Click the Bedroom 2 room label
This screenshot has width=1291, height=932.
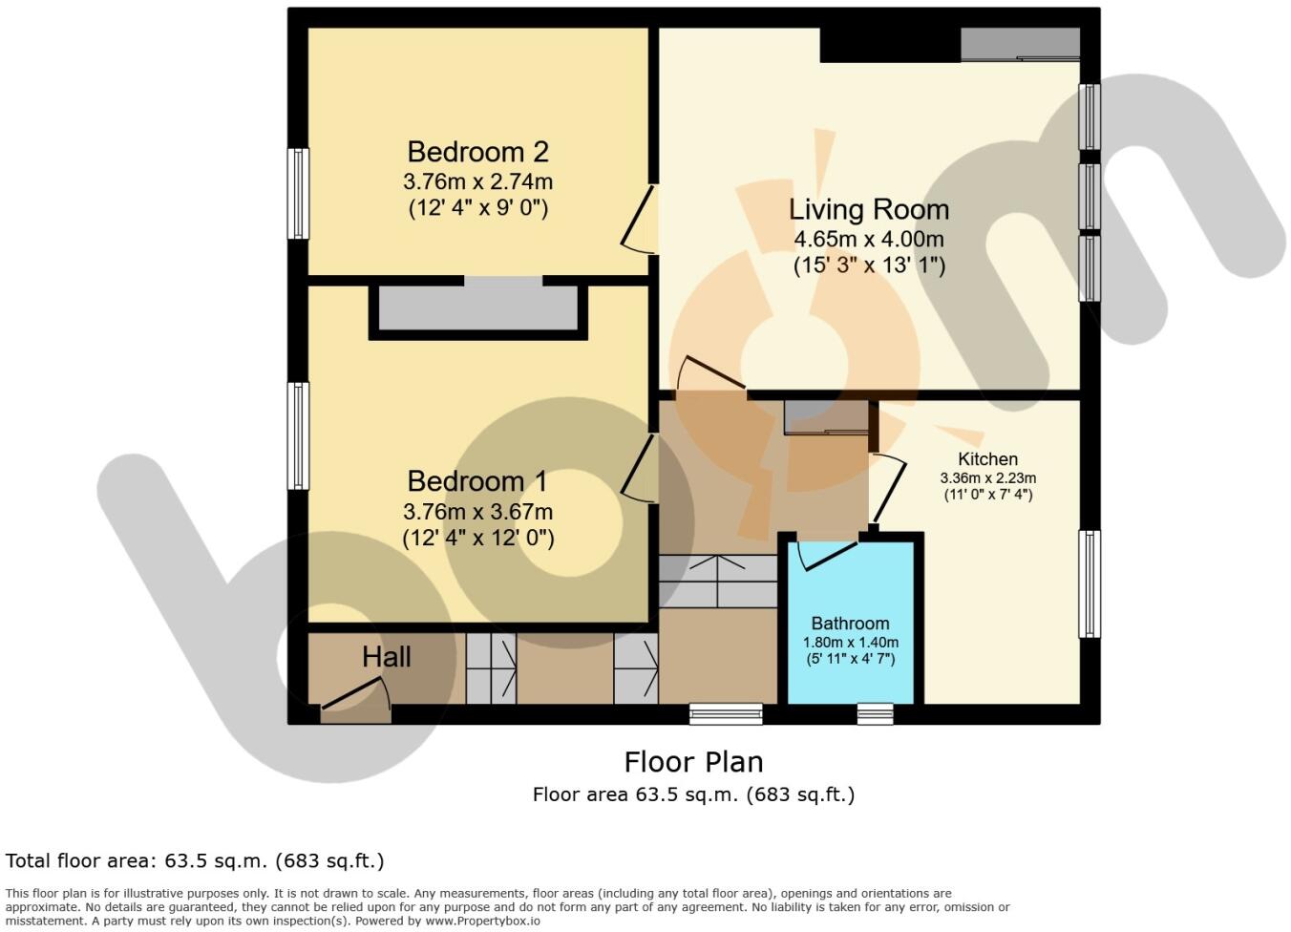pos(477,152)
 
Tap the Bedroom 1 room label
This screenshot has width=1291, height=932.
pos(477,481)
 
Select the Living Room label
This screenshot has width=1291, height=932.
pos(869,209)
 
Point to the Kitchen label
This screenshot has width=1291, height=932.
pos(987,458)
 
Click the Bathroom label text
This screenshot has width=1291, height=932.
pos(850,623)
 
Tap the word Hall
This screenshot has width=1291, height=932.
pos(386,657)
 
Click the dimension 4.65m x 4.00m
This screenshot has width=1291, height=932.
pos(869,239)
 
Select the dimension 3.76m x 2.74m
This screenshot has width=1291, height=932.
pos(477,181)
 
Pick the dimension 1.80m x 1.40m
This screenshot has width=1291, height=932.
pos(851,642)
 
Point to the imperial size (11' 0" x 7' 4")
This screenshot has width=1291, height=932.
pos(988,495)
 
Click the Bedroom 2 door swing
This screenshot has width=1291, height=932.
pos(639,219)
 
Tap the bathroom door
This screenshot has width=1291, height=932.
pos(828,556)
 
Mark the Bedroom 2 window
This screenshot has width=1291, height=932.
pos(298,193)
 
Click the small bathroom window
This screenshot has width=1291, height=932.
pos(875,713)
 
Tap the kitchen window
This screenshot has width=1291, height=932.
pos(1089,583)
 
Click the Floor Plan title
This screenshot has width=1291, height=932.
pos(693,762)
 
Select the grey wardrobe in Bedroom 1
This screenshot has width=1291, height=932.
pos(477,307)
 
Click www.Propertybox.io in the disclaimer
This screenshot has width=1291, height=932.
pos(482,921)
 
